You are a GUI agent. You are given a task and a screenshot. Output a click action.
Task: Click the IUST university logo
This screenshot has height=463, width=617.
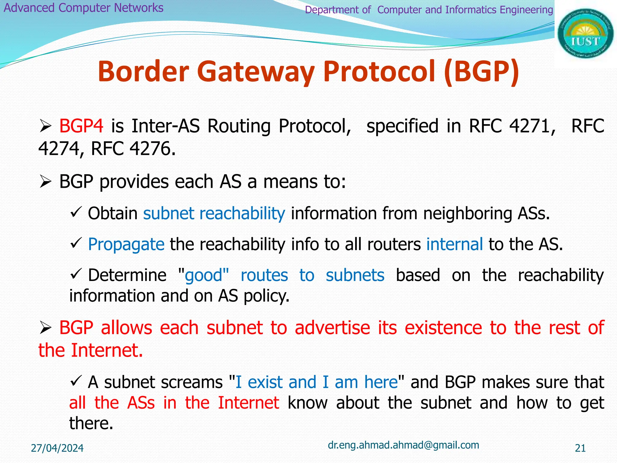point(585,34)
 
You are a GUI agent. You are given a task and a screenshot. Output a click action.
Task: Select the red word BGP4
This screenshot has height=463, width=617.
point(81,126)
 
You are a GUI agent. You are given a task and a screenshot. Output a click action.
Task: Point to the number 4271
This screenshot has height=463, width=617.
point(532,126)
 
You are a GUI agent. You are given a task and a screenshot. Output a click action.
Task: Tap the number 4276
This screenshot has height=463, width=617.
point(152,149)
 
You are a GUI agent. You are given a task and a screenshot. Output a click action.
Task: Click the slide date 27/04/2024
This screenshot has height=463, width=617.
point(57,448)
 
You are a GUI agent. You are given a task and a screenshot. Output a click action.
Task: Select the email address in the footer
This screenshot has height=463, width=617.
point(403,445)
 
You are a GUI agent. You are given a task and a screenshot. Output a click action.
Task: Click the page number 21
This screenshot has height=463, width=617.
point(580,448)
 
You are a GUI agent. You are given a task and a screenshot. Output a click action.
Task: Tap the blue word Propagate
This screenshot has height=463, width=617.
point(126,244)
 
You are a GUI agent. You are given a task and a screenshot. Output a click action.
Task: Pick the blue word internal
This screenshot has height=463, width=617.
point(454,244)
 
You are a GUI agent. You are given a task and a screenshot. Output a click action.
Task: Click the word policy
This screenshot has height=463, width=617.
point(266,296)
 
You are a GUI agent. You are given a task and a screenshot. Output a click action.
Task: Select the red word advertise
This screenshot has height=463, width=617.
point(332,328)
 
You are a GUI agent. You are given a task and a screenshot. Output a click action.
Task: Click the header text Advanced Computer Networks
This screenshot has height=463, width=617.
point(83,8)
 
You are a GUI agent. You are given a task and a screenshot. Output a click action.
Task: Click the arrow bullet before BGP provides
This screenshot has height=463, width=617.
point(45,182)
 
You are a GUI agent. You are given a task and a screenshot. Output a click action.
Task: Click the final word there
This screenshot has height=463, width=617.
point(91,423)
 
